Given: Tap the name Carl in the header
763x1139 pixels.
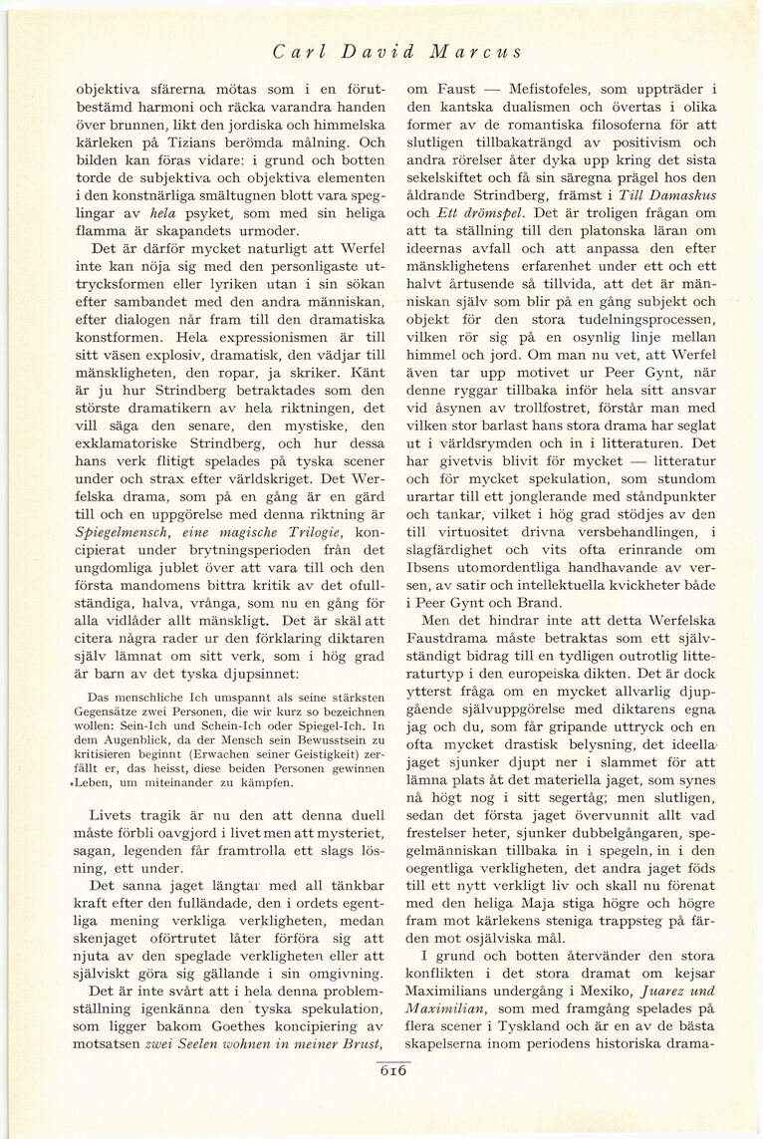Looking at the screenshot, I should (x=295, y=51).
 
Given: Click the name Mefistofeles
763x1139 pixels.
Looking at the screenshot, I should (x=559, y=88).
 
